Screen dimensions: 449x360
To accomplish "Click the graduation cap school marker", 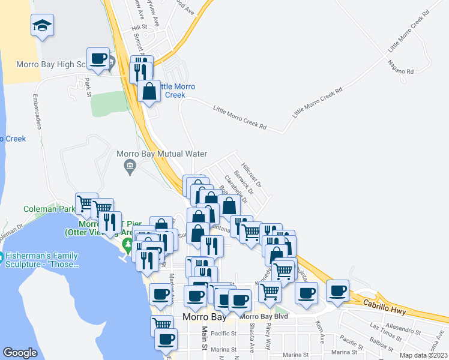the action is coord(42,26).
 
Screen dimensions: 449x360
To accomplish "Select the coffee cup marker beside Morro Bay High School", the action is coord(98,59).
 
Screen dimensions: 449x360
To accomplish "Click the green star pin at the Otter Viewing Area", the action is coord(127,244).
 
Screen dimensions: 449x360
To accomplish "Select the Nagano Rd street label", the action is coord(401,67).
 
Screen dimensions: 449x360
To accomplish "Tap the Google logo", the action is coord(20,353).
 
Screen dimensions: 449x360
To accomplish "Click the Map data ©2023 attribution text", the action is coord(423,356).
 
